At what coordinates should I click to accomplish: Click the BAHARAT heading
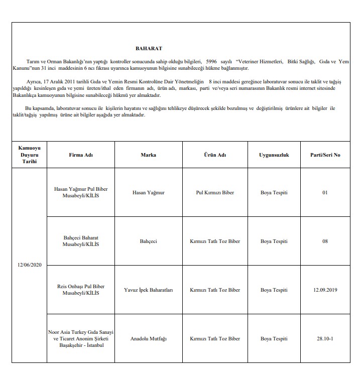[x=149, y=49]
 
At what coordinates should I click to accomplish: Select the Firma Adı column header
[x=81, y=155]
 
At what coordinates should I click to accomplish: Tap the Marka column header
[x=148, y=155]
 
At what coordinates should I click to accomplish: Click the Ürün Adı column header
[x=215, y=155]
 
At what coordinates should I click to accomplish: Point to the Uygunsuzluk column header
[x=274, y=155]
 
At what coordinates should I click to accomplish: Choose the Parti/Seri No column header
[x=325, y=155]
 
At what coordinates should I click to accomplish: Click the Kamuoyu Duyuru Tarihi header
[x=29, y=155]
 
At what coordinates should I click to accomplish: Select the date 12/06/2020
[x=29, y=265]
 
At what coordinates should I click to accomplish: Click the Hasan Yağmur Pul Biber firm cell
[x=81, y=192]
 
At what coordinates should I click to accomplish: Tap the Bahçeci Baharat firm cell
[x=81, y=241]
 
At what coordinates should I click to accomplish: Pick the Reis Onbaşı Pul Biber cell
[x=81, y=290]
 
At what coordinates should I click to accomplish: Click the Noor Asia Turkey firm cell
[x=81, y=338]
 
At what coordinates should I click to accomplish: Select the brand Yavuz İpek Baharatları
[x=148, y=290]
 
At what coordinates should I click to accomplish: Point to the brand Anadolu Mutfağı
[x=148, y=338]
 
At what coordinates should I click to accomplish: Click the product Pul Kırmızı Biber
[x=215, y=192]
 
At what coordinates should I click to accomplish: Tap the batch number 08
[x=325, y=241]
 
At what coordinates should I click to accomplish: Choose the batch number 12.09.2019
[x=325, y=290]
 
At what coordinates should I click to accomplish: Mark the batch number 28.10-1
[x=325, y=338]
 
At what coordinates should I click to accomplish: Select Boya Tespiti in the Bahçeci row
[x=274, y=241]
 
